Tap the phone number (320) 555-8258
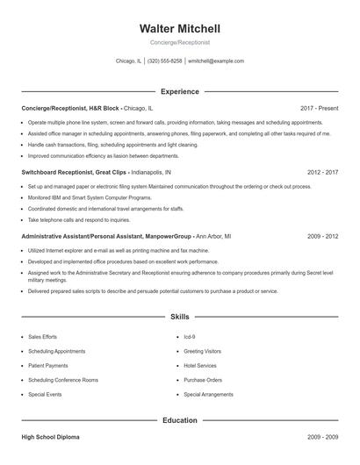tap(164, 61)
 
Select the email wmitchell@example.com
tap(216, 61)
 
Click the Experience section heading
tap(179, 91)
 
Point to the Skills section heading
tap(179, 316)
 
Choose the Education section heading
tap(179, 420)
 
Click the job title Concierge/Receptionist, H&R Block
tap(71, 108)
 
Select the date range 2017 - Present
tap(319, 108)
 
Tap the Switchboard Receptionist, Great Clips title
tap(75, 173)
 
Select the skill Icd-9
tap(190, 336)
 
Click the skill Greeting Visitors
tap(202, 351)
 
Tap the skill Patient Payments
tap(47, 365)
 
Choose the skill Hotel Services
tap(200, 365)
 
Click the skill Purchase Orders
tap(202, 380)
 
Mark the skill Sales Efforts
tap(43, 336)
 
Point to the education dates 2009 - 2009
tap(322, 436)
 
